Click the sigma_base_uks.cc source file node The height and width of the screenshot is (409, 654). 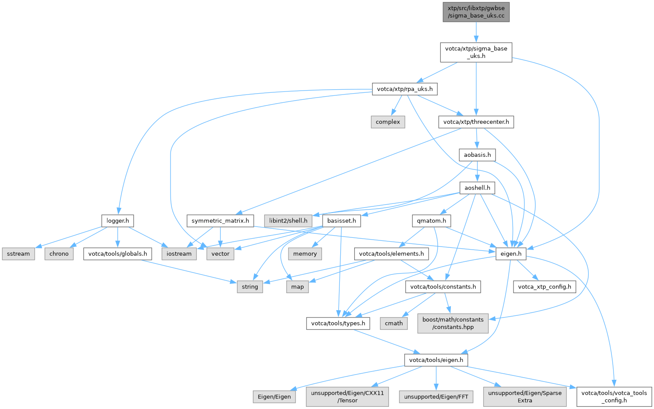[476, 12]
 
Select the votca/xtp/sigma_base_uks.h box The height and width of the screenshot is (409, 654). [476, 52]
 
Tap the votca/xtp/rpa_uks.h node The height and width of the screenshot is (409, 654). [405, 89]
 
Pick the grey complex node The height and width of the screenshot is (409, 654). [388, 122]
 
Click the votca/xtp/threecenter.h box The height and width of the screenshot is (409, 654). [476, 122]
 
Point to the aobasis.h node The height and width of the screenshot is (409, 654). [477, 155]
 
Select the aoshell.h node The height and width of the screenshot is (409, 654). [477, 188]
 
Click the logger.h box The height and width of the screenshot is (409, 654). [117, 220]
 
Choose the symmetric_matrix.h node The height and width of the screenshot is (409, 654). [220, 220]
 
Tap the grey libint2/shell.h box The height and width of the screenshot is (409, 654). [288, 220]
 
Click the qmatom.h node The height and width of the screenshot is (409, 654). [431, 220]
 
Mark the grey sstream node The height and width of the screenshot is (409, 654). [18, 254]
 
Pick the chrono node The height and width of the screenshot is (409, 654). [59, 254]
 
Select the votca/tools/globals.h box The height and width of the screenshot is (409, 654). [117, 254]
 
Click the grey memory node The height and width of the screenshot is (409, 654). [305, 254]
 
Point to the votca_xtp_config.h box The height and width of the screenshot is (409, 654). [544, 287]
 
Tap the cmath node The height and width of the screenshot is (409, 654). [394, 323]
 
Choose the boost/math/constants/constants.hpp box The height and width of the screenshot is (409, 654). [453, 323]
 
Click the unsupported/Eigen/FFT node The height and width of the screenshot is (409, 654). [436, 396]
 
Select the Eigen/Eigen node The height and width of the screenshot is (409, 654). [274, 396]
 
